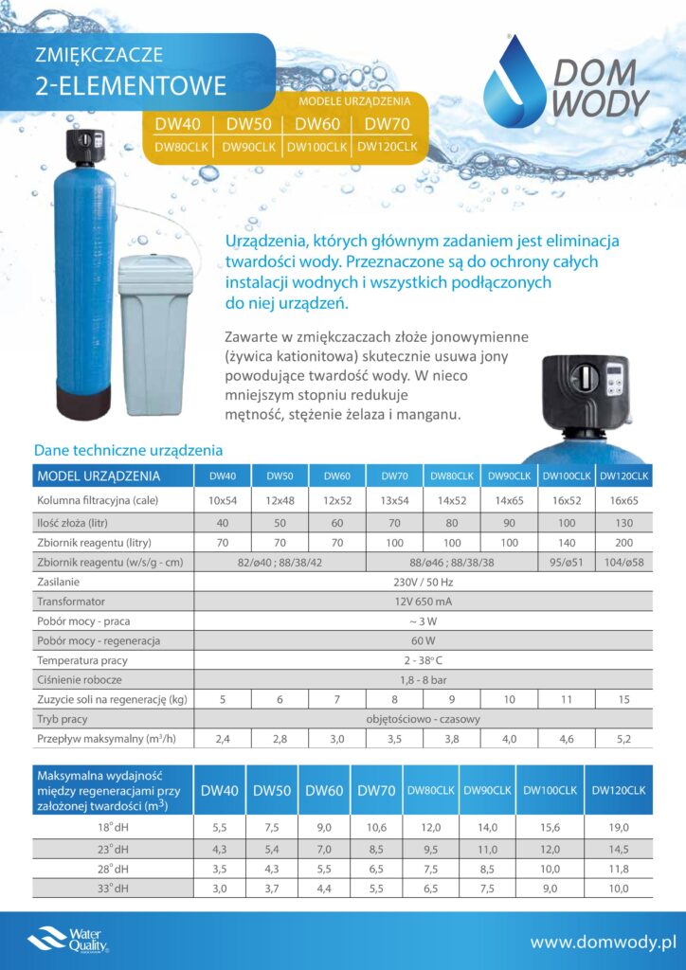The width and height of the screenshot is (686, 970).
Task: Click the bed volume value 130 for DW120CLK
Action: point(623,522)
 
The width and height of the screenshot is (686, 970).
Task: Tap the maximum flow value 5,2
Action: point(623,739)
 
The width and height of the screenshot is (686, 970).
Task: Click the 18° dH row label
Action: point(112,826)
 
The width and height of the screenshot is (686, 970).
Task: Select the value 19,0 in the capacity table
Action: point(619,826)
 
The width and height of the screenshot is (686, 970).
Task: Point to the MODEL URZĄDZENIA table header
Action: point(98,476)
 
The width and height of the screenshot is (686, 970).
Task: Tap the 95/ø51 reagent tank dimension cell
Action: point(567,563)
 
